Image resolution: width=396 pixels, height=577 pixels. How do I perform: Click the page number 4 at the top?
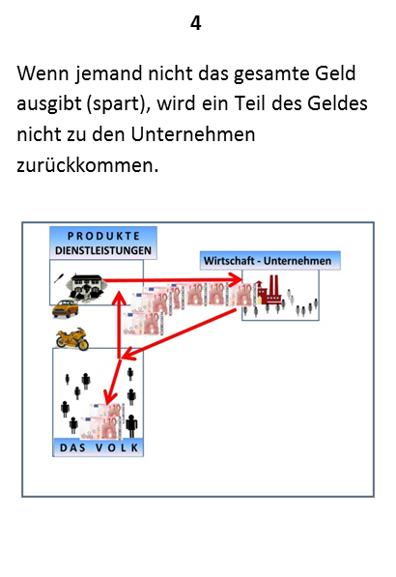[x=196, y=23]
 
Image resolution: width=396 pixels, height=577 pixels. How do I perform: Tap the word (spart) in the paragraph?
[x=118, y=104]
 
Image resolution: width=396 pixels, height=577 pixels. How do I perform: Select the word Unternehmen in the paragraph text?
[x=192, y=134]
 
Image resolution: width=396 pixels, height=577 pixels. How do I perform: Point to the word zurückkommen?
[x=88, y=164]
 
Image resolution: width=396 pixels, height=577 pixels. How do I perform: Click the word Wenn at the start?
[x=43, y=72]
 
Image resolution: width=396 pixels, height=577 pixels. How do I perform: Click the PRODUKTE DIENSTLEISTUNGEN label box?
[x=103, y=243]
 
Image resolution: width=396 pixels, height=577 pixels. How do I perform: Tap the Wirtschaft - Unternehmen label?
[x=269, y=261]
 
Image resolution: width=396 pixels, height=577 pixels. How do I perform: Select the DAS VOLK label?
[x=99, y=447]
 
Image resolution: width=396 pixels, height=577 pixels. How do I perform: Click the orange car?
[x=65, y=308]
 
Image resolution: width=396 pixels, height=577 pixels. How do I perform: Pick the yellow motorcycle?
[x=72, y=339]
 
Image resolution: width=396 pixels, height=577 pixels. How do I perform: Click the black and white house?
[x=86, y=286]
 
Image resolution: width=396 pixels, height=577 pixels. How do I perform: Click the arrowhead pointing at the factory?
[x=236, y=279]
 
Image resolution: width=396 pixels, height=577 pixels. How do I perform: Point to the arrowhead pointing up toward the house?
[x=119, y=297]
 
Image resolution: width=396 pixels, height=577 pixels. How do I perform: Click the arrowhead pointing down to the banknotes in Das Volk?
[x=109, y=398]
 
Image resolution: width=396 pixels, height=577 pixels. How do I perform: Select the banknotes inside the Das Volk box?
[x=101, y=421]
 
